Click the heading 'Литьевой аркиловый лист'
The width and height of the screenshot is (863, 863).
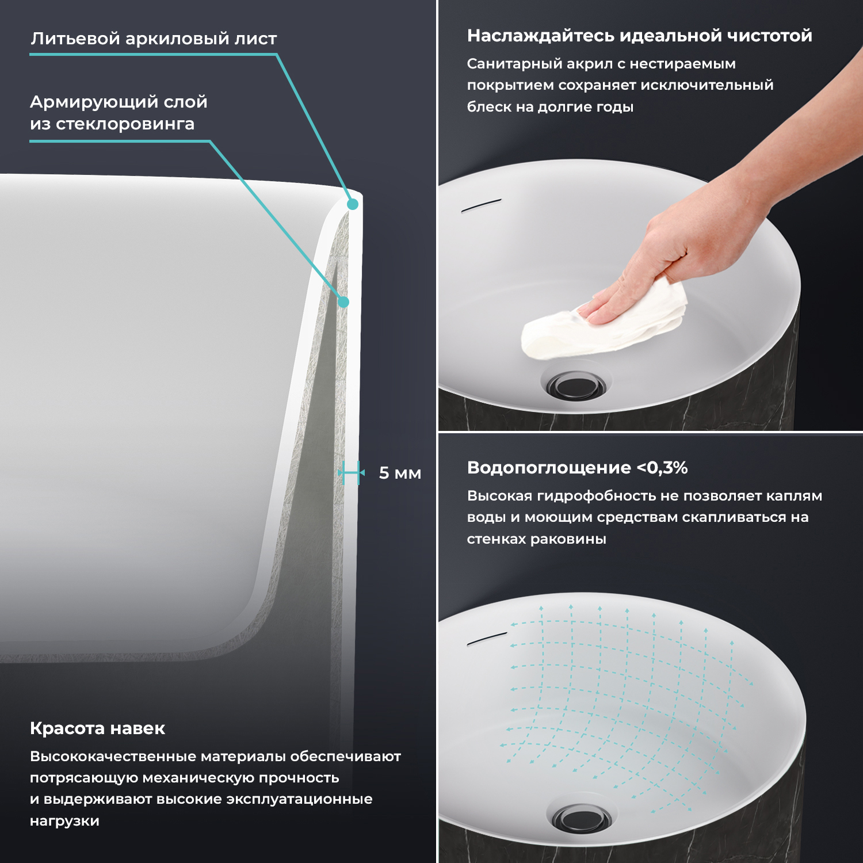(x=154, y=39)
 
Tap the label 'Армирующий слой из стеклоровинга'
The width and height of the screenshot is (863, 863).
(x=119, y=113)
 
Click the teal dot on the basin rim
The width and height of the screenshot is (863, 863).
(x=353, y=204)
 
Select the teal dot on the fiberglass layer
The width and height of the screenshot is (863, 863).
(x=343, y=301)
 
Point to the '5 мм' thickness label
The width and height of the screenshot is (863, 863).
(x=400, y=473)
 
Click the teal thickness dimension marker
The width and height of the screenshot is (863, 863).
(x=352, y=473)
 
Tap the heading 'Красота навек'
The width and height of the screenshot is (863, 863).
(x=97, y=728)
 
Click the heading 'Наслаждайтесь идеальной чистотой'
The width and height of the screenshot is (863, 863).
(x=639, y=36)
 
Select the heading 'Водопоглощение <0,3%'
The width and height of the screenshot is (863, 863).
(x=577, y=468)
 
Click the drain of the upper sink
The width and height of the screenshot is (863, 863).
(x=576, y=384)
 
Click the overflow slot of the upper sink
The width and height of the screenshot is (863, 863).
(x=482, y=205)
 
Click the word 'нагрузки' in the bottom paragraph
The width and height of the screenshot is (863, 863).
(x=64, y=822)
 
